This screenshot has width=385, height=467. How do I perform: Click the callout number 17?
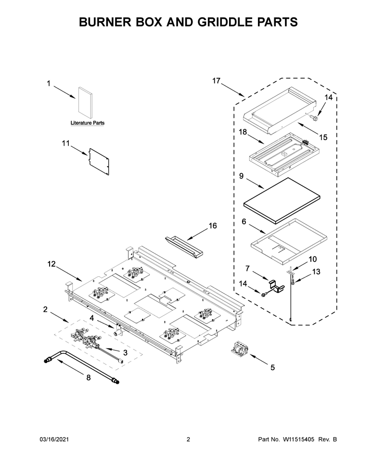(216, 81)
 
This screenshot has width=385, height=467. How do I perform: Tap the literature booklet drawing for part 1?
(86, 102)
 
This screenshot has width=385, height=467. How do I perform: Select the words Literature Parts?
(88, 123)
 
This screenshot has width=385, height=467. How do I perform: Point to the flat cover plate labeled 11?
(99, 162)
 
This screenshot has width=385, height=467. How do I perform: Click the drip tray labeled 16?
(184, 243)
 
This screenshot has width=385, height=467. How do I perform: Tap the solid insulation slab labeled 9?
(282, 201)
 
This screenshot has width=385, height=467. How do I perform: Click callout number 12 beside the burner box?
(51, 264)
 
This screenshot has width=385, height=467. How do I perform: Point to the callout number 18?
(243, 131)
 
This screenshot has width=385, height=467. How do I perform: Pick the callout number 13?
(316, 272)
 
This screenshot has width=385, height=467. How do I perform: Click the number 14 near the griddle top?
(328, 97)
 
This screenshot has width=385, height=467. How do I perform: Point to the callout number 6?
(244, 221)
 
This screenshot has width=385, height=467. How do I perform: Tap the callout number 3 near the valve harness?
(125, 352)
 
